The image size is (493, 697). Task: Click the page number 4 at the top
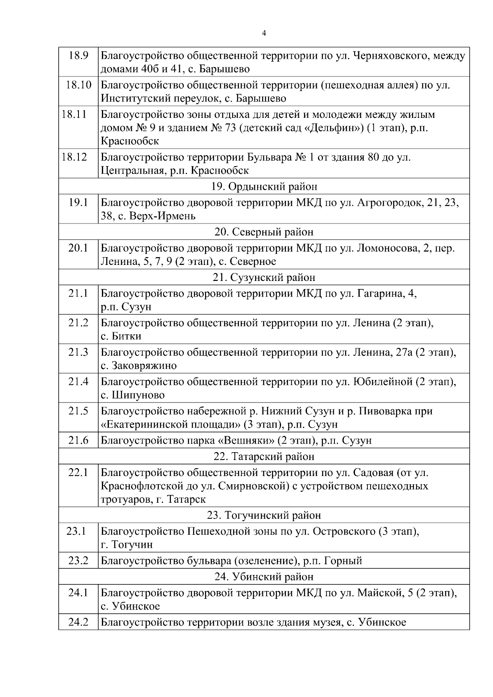coord(264,34)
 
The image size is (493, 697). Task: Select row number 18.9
coord(78,55)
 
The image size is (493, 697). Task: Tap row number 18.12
coord(74,157)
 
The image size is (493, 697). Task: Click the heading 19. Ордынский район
coord(264,186)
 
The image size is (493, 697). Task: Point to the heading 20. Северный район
coord(264,232)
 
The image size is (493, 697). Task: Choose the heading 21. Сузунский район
coord(264,277)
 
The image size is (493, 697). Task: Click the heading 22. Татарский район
coord(264,456)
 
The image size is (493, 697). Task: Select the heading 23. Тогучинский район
coord(264,515)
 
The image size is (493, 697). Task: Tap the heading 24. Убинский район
coord(264,577)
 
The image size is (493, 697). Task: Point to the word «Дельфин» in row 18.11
coord(333,128)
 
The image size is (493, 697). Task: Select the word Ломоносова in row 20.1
coord(387,248)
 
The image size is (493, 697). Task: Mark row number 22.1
coord(78,472)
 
